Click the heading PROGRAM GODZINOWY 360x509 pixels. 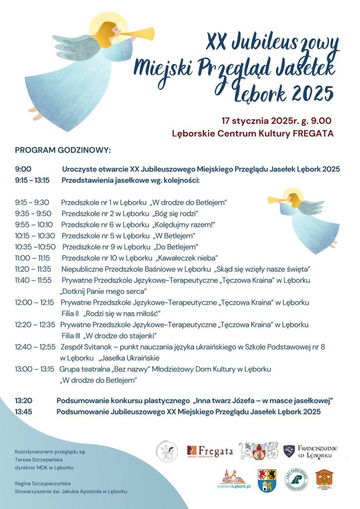[63, 150]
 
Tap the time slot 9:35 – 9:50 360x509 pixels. [33, 213]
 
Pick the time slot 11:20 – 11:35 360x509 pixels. [33, 269]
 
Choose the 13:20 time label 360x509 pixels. [24, 400]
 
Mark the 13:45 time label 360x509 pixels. [24, 412]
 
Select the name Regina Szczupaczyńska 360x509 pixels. [43, 483]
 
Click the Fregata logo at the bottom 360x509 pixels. [209, 451]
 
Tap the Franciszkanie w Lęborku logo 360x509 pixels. [311, 451]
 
